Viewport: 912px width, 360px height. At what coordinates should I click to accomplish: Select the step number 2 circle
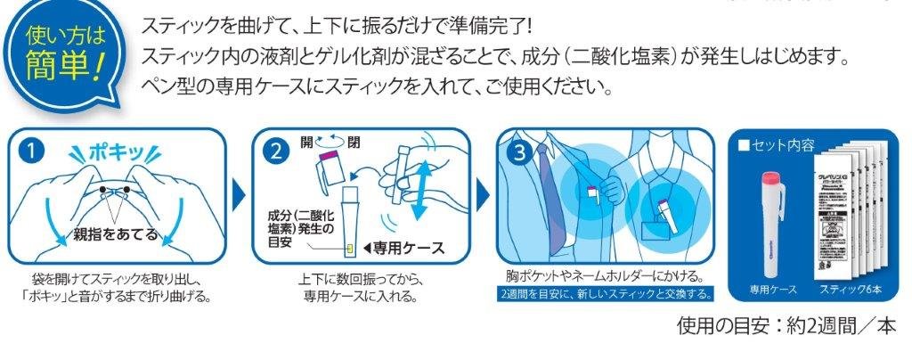[x=275, y=151]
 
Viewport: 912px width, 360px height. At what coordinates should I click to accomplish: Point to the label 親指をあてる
[x=117, y=234]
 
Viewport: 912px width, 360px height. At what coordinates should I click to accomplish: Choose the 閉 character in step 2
[x=354, y=143]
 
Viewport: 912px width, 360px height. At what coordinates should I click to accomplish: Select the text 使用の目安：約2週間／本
[x=784, y=326]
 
